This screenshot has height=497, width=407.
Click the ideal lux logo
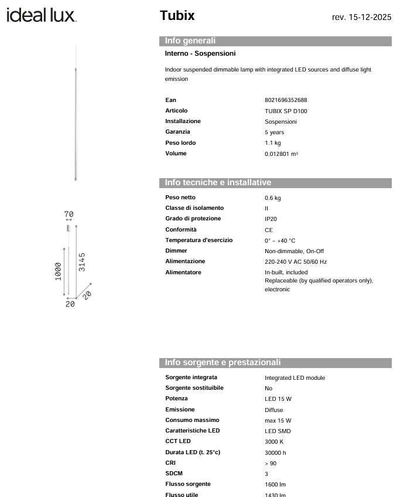pos(42,15)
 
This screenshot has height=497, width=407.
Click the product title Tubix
pos(177,16)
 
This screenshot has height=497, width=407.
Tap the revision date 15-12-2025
pos(361,17)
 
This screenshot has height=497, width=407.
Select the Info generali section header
pos(190,41)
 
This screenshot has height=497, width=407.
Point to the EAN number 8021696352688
pos(286,100)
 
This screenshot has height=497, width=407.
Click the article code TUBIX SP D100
pos(286,111)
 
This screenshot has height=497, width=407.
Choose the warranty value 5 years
pos(274,132)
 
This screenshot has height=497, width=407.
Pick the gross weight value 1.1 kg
pos(272,143)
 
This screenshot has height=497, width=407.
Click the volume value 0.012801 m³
pos(281,154)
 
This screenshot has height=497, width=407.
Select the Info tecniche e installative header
pos(218,183)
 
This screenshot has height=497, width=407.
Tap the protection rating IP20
pos(271,219)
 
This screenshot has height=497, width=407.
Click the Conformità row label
pos(181,230)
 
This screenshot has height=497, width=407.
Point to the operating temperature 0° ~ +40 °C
pos(280,240)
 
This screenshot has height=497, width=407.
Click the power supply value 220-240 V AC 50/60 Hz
pos(296,262)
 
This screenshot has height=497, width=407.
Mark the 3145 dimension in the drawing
pos(83,262)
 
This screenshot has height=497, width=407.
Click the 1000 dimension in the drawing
pos(59,271)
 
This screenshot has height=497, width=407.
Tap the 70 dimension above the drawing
pos(69,215)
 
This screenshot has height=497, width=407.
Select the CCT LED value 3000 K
pos(274,442)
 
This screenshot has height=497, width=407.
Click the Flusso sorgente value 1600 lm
pos(275,485)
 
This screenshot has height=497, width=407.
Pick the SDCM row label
pos(175,474)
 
